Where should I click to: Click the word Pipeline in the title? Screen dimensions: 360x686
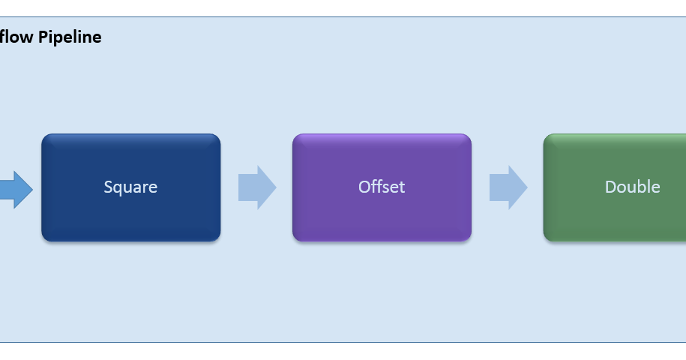70,37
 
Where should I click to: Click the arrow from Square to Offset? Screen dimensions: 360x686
256,187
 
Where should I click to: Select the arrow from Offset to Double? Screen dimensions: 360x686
508,187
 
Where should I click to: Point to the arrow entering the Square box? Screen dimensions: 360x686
15,189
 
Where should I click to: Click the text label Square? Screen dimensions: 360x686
130,187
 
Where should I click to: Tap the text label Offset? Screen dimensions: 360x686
382,187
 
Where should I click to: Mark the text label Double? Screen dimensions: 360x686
632,187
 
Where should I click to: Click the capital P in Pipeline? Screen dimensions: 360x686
43,37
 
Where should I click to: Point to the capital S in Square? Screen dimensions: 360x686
108,187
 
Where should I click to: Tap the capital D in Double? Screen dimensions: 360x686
610,187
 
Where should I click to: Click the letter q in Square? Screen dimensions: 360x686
118,188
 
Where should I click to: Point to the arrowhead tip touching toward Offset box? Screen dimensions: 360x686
274,187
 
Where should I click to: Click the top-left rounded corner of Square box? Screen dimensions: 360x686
45,137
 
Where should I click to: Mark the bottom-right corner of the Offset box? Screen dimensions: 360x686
468,238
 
